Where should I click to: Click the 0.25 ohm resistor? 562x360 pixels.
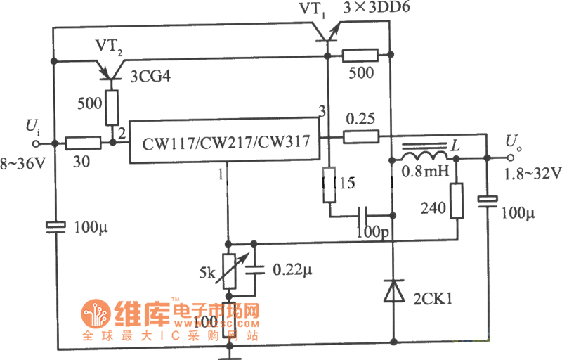point(361,136)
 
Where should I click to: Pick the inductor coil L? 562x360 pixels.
point(424,155)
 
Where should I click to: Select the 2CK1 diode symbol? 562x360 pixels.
point(392,291)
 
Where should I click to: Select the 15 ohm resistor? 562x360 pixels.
point(329,184)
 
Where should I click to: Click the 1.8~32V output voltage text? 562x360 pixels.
point(530,172)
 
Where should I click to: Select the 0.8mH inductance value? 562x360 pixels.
point(420,171)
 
